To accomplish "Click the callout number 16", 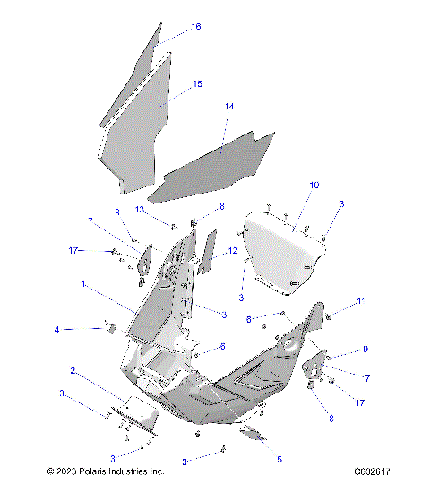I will click(x=195, y=27).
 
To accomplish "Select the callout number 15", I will click(x=196, y=84).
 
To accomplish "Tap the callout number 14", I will click(x=229, y=107).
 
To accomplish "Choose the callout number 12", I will click(x=232, y=251).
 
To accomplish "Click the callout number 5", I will click(x=279, y=459).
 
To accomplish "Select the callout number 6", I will click(x=222, y=346).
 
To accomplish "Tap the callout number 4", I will click(x=57, y=330).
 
